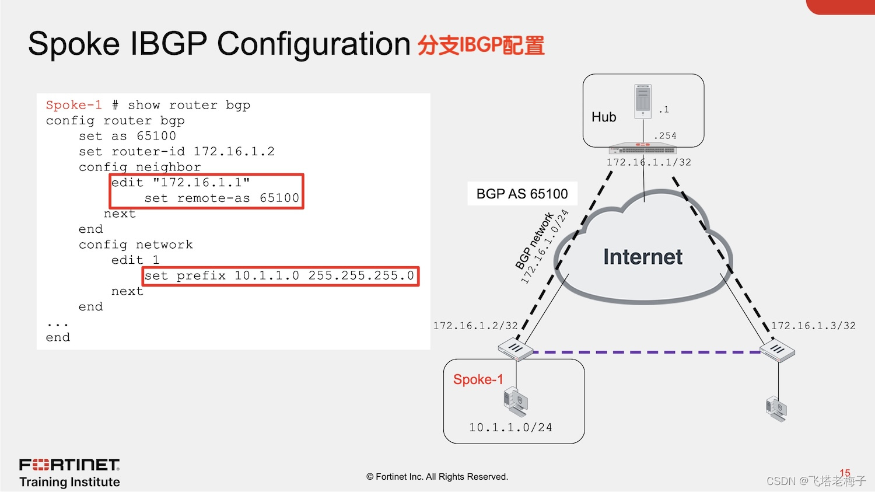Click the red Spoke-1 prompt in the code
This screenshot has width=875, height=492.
(74, 105)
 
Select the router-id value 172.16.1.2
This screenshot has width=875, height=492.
(234, 152)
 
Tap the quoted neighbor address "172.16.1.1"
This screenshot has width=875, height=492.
(201, 183)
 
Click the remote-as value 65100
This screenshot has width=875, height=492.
(279, 198)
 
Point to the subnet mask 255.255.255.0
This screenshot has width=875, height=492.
(361, 275)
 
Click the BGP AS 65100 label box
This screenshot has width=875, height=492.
(522, 194)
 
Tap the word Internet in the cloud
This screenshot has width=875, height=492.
(643, 257)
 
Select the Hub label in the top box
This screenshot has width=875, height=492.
(604, 117)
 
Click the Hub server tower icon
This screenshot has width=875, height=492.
(643, 102)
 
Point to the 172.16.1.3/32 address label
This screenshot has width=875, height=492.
(813, 326)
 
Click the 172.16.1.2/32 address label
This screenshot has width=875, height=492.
(475, 326)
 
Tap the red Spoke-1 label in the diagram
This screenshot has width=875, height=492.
(478, 379)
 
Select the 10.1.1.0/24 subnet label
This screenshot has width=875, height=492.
(510, 428)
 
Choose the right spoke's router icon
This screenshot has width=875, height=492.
(778, 351)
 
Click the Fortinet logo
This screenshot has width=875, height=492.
(69, 465)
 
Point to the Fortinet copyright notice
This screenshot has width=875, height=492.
(437, 477)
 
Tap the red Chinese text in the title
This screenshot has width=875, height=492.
(481, 45)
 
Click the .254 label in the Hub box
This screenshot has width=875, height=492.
(666, 136)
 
